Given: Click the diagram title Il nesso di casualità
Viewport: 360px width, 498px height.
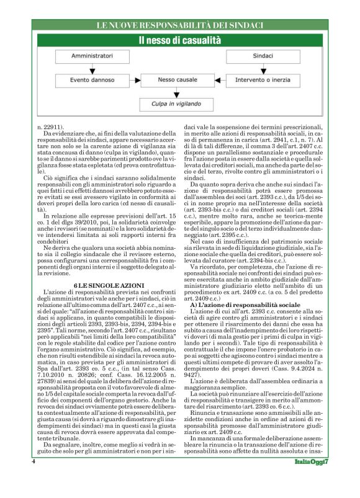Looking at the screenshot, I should (179, 40).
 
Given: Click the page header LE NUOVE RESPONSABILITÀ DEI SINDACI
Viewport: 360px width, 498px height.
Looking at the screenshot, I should (179, 25).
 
